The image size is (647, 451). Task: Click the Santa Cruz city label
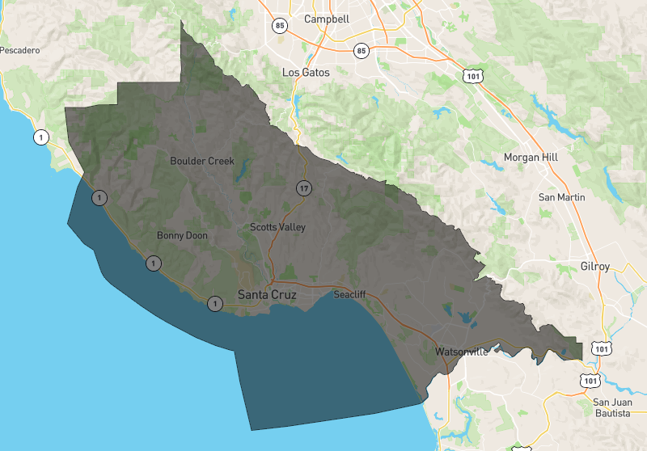[x=266, y=296]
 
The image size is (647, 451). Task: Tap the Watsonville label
[x=461, y=353]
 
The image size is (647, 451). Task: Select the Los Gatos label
[x=306, y=72]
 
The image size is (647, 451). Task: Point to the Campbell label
[x=326, y=19]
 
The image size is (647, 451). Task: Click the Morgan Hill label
[x=531, y=157]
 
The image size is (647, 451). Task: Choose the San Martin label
[x=562, y=197]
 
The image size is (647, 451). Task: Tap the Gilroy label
[x=594, y=267]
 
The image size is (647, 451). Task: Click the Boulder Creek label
[x=202, y=161]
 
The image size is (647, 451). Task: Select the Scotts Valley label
[x=277, y=227]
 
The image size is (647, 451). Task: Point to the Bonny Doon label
[x=182, y=236]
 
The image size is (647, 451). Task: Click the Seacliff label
[x=350, y=295]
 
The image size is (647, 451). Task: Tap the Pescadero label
[x=20, y=50]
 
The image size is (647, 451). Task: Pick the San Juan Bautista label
[x=611, y=407]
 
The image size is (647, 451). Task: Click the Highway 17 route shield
[x=303, y=188]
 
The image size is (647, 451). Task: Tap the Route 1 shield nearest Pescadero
[x=41, y=137]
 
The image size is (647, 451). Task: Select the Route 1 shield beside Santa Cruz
[x=214, y=304]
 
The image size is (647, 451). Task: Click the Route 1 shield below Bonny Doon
[x=153, y=263]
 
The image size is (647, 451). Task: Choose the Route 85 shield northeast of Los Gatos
[x=361, y=51]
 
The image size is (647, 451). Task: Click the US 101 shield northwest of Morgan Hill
[x=472, y=76]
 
